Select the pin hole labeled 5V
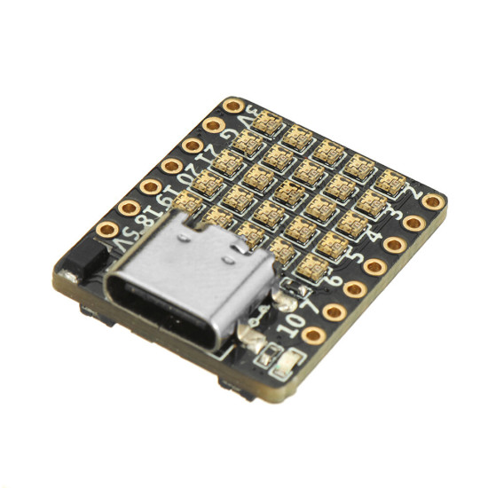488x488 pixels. [x=107, y=229]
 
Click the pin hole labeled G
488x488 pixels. [x=213, y=125]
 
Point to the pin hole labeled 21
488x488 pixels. [x=193, y=146]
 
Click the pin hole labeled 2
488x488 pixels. [x=433, y=202]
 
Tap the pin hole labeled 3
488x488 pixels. [x=413, y=224]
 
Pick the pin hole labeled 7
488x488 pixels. [x=334, y=311]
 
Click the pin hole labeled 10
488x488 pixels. [x=312, y=335]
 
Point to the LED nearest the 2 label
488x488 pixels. [x=388, y=183]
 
